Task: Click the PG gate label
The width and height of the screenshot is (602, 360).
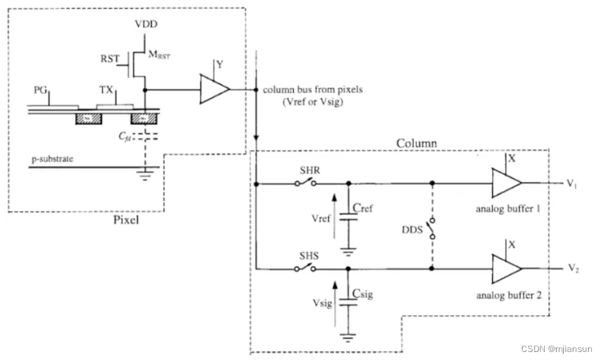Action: [x=40, y=89]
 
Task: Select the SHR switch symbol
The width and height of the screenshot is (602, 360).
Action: [x=306, y=182]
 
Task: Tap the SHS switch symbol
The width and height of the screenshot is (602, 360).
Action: [x=306, y=268]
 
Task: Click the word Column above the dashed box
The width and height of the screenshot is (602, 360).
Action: [x=416, y=144]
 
